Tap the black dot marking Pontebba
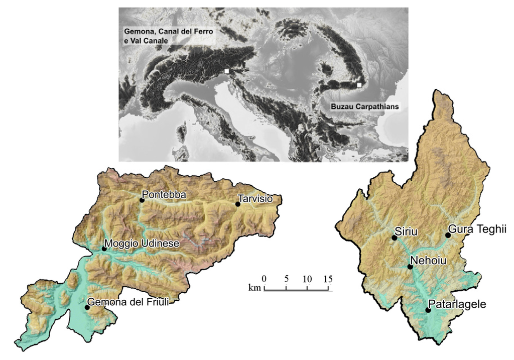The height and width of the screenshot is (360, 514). [x=142, y=200]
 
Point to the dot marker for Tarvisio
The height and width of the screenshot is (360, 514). [x=238, y=204]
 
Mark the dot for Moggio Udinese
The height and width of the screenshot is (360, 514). [x=104, y=249]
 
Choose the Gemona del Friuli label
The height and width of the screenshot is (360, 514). [x=127, y=303]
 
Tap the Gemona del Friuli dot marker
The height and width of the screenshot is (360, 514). [x=87, y=307]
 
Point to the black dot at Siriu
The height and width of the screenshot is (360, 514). [x=395, y=237]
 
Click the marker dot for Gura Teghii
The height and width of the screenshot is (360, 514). [x=448, y=235]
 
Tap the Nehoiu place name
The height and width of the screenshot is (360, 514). [x=428, y=261]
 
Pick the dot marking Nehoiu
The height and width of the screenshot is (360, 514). [x=410, y=267]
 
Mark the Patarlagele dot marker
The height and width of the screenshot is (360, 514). [x=428, y=310]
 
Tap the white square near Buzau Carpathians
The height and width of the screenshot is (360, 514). [x=359, y=85]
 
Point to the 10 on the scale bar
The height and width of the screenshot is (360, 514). [x=307, y=279]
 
